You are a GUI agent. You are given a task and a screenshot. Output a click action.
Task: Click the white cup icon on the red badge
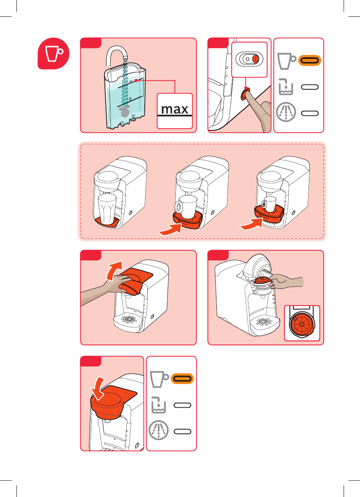(x=53, y=53)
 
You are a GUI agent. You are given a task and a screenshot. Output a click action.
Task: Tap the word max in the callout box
(x=175, y=109)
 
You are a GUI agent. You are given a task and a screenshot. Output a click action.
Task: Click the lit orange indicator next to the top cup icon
(x=310, y=60)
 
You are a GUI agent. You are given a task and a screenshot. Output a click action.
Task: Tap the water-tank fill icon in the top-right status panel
(x=286, y=87)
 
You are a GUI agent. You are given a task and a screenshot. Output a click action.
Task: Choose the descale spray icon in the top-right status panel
(x=286, y=112)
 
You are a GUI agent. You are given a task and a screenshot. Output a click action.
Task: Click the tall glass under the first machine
(x=107, y=209)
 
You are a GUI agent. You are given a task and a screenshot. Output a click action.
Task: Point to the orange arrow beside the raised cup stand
(x=252, y=224)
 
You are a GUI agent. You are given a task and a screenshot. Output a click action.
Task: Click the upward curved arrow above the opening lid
(x=114, y=270)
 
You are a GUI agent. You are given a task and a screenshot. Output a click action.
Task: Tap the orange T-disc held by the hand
(x=263, y=280)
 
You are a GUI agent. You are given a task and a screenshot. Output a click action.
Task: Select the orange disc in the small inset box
(x=302, y=324)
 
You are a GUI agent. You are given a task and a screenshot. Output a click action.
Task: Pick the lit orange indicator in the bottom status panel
(x=183, y=378)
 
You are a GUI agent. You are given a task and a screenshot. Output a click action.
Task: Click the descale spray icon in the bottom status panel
(x=158, y=430)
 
